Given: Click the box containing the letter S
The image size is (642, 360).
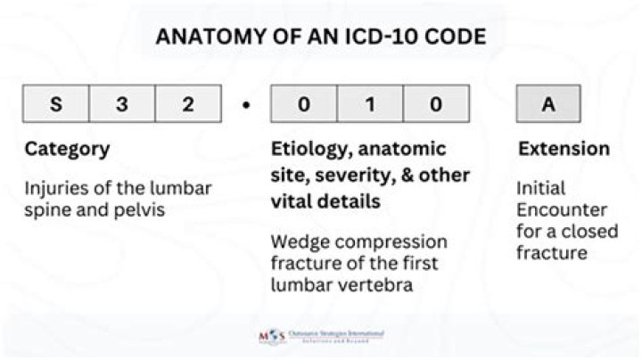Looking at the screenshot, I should coord(56,104).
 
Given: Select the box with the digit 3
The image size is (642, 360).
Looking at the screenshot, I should coord(122,104).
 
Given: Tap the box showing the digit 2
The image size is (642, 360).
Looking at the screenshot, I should coord(188,104).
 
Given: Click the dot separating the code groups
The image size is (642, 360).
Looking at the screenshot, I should coord(245,105).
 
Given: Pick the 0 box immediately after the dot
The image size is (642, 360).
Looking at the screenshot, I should coord(304,104).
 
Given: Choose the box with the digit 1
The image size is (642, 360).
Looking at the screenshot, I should coord(370,104).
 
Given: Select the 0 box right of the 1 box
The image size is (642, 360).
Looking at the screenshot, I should coord(436,104).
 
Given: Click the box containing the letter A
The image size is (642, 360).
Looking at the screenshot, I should coord(548,104).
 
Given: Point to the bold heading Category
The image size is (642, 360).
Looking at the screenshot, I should coord(67,150).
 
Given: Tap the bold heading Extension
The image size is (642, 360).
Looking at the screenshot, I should coord(564,149).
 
